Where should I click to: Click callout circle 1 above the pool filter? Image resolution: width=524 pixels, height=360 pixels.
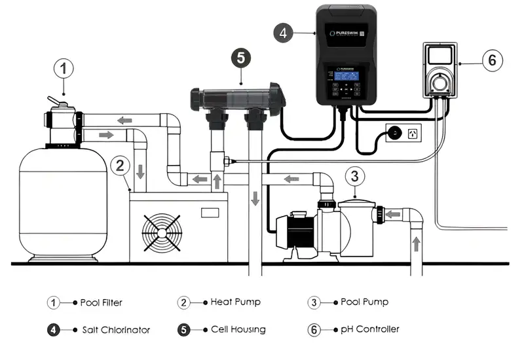(x=64, y=67)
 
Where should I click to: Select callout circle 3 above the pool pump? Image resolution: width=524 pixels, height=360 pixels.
(x=354, y=175)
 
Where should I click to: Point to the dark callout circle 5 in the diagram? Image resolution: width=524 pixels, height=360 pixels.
(x=240, y=58)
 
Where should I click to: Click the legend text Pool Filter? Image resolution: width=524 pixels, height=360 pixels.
(x=101, y=302)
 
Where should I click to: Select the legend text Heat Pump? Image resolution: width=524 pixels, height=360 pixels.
(x=235, y=302)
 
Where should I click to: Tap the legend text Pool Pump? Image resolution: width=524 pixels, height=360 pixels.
(x=364, y=302)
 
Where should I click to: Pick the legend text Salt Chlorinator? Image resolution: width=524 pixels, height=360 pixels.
(x=116, y=329)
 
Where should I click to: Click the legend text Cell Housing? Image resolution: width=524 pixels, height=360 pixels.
(x=238, y=329)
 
